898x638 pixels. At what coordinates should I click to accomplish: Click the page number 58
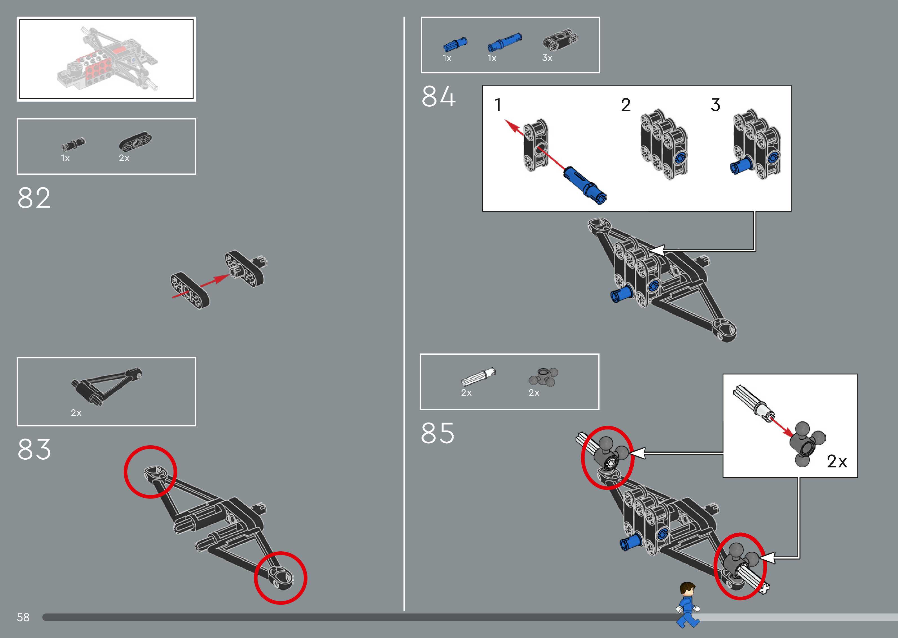[x=23, y=617]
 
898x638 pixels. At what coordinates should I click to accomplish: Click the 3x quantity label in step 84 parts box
[x=547, y=58]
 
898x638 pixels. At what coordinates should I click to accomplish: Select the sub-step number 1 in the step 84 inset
[x=498, y=105]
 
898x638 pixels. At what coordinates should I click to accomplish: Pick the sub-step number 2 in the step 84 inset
[x=625, y=105]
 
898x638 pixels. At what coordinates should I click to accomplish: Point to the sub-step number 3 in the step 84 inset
[x=716, y=105]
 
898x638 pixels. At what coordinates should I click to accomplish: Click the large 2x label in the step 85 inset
[x=837, y=461]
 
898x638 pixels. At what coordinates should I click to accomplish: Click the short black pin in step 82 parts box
[x=73, y=145]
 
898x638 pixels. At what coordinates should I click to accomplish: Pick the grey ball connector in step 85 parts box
[x=543, y=377]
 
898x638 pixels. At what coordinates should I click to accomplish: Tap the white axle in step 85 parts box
[x=478, y=376]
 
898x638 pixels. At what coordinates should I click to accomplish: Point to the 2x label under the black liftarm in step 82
[x=124, y=158]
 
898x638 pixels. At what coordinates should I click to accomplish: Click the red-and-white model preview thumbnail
[x=106, y=59]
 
